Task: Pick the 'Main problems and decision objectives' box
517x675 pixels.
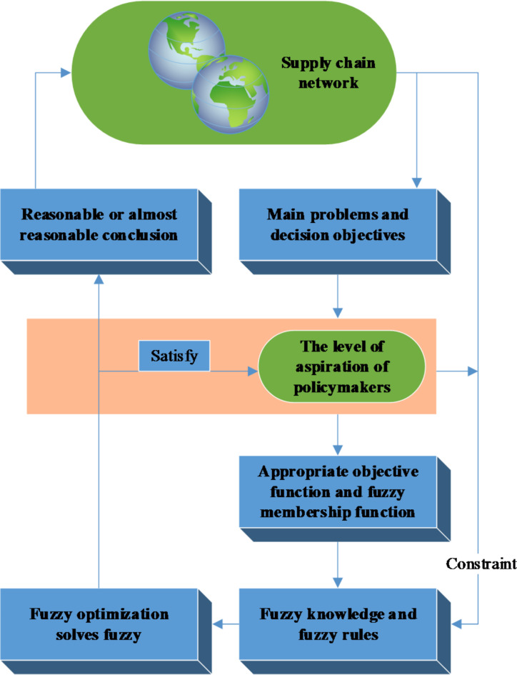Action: (x=336, y=224)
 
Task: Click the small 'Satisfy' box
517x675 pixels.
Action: (x=174, y=355)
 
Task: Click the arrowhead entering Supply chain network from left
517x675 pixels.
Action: (x=66, y=72)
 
